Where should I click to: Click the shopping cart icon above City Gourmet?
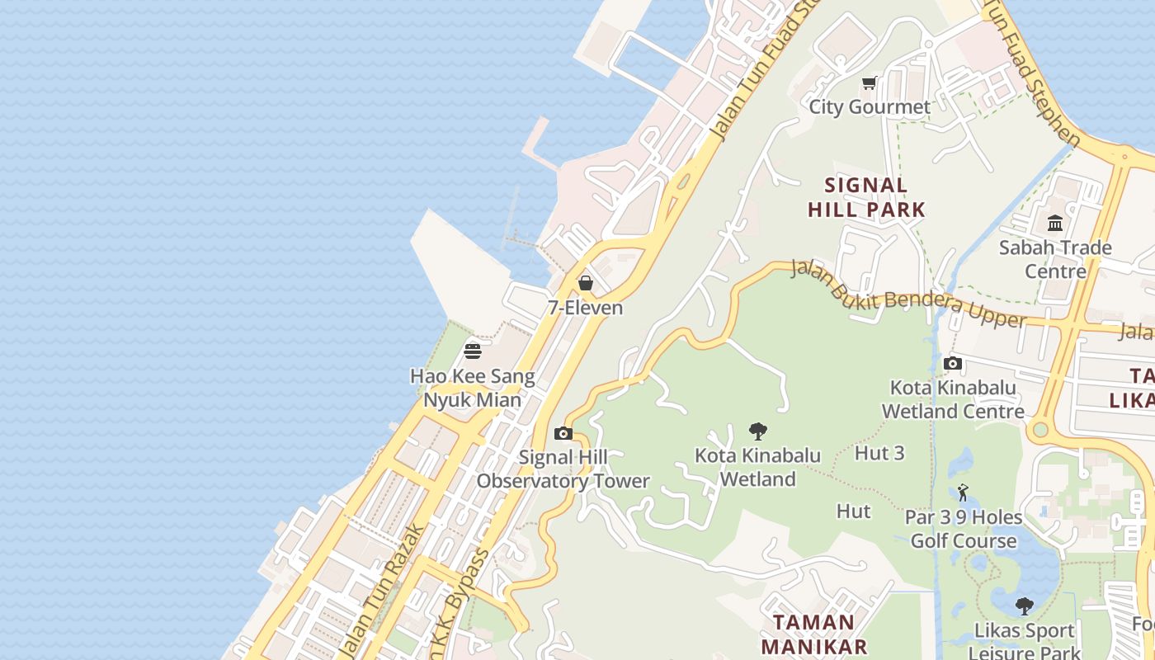869,82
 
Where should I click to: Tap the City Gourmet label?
869,106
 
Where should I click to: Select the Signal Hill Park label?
866,197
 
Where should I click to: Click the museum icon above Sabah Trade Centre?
1055,223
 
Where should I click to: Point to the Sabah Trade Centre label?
1055,259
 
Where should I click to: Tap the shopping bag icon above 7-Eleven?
586,283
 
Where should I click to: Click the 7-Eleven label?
586,308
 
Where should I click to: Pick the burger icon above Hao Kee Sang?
473,351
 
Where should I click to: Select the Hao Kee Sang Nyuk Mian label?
473,388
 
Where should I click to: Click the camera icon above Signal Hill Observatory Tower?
563,433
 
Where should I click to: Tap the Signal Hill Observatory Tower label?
563,469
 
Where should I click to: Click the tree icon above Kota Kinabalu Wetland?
757,431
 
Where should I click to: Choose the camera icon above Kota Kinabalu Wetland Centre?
953,363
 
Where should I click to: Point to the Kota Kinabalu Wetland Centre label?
953,398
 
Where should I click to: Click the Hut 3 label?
879,453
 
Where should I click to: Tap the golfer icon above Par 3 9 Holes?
963,493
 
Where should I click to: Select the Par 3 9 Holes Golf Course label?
964,529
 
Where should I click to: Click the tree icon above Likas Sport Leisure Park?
1024,606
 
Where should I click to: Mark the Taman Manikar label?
813,634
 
